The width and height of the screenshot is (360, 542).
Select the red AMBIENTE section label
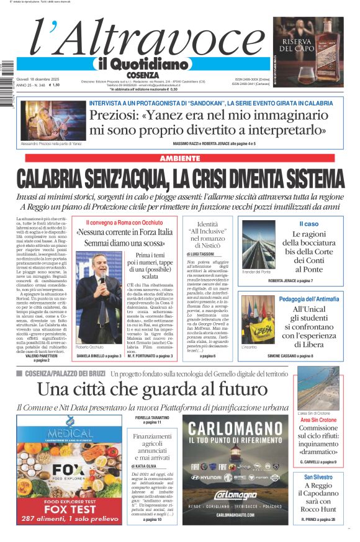pos(180,159)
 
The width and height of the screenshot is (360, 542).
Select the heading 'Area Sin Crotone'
pos(318,420)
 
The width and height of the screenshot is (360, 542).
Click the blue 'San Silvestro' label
pos(318,477)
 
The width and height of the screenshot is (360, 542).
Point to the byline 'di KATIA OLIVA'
pos(144,465)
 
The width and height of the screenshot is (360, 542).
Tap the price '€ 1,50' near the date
pos(54,85)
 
